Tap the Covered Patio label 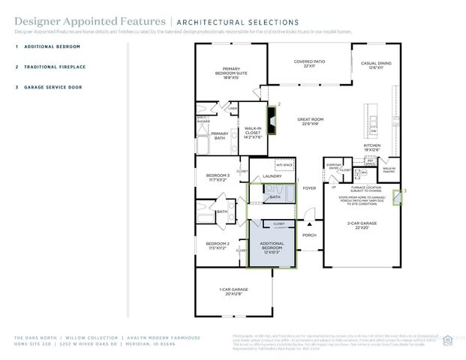coord(309,64)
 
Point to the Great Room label coord(310,121)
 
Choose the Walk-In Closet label coord(252,133)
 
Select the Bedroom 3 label coord(218,178)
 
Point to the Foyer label coord(308,188)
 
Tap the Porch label coord(308,235)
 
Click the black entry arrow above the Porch coord(308,223)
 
